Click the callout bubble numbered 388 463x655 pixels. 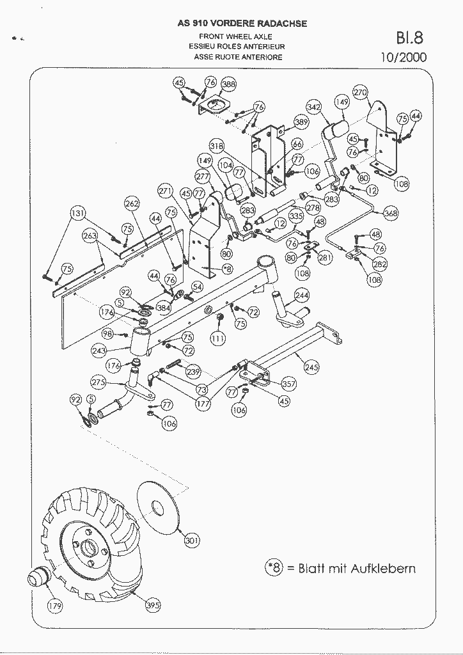(x=229, y=84)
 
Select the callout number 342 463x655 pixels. (x=313, y=107)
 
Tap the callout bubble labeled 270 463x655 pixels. (x=361, y=92)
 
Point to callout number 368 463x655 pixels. (x=391, y=214)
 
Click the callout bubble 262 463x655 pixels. (x=132, y=203)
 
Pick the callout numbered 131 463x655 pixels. (x=77, y=214)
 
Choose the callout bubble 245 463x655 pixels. (x=311, y=367)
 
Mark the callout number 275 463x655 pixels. (x=98, y=383)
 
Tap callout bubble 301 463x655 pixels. (x=191, y=541)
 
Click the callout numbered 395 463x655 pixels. (x=153, y=605)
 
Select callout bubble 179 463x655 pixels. (x=56, y=605)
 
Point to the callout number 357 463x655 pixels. (x=289, y=384)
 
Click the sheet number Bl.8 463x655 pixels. (x=409, y=36)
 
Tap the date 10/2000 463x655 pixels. (x=403, y=57)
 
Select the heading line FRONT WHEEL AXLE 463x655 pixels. (x=235, y=37)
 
